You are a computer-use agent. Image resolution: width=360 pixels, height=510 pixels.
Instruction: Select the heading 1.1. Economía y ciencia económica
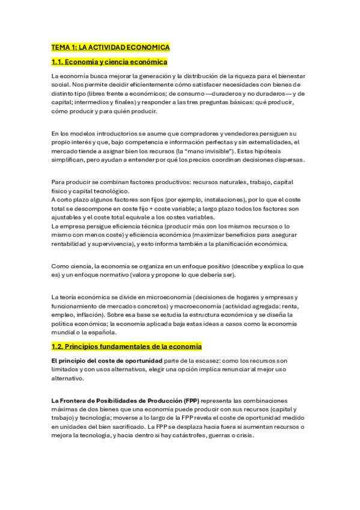(x=109, y=62)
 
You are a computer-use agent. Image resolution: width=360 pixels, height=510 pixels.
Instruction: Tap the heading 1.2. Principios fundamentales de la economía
(x=126, y=347)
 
